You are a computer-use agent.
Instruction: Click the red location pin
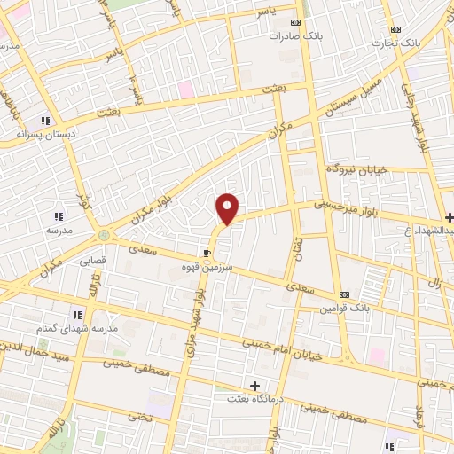(228, 208)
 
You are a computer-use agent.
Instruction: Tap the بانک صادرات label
(296, 36)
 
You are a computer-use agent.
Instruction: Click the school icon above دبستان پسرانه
(44, 121)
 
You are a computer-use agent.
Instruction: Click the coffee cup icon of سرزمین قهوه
(207, 252)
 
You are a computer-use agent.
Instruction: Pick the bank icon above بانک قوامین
(344, 294)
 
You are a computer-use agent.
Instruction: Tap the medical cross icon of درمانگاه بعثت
(255, 386)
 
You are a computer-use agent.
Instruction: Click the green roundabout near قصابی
(106, 236)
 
